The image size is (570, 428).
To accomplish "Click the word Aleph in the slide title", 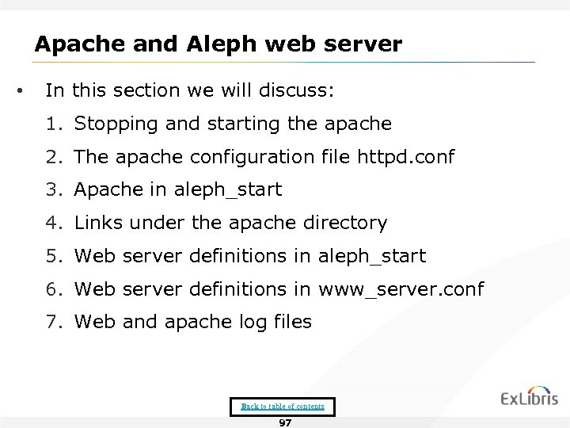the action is pyautogui.click(x=216, y=44).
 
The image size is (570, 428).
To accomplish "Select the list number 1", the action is pyautogui.click(x=52, y=124).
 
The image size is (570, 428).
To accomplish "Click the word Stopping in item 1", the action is pyautogui.click(x=111, y=124).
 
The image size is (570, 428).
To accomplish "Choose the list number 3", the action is pyautogui.click(x=52, y=190).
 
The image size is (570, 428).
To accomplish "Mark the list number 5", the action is pyautogui.click(x=52, y=256).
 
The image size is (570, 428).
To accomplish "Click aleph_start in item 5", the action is pyautogui.click(x=371, y=256).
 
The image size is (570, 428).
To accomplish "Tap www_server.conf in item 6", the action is pyautogui.click(x=400, y=289).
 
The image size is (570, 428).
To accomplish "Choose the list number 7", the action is pyautogui.click(x=52, y=323).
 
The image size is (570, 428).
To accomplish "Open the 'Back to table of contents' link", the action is pyautogui.click(x=283, y=406).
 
